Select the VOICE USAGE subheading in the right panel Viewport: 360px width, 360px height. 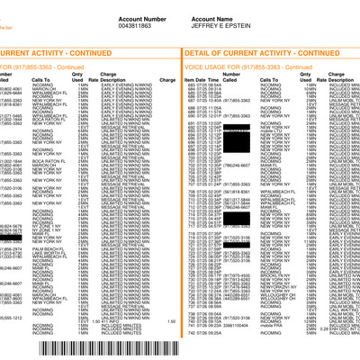point(225,67)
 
